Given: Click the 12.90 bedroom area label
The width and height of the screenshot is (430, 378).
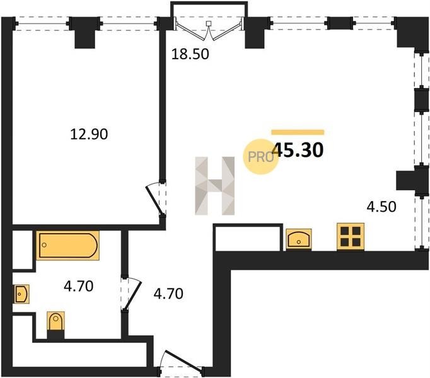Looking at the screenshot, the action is [89, 134].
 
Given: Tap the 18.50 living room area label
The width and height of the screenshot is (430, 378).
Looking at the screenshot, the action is [190, 54].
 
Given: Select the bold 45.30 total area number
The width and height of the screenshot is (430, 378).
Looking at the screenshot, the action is [299, 150].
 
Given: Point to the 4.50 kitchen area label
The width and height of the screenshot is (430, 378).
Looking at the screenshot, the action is [381, 207].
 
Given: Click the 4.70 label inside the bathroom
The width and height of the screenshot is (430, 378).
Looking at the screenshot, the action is [79, 287].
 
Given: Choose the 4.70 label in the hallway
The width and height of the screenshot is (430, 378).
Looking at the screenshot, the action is [168, 294].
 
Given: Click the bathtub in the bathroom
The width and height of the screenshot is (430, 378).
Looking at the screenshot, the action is [68, 245].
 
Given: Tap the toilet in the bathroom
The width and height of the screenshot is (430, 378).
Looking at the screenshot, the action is [55, 321].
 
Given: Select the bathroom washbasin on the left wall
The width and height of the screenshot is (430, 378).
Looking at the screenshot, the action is [21, 294].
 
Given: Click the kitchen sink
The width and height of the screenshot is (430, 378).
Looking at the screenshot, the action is [299, 239].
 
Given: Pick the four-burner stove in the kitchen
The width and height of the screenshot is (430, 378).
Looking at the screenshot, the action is [351, 236].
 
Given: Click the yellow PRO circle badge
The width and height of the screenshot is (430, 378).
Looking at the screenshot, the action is [261, 156].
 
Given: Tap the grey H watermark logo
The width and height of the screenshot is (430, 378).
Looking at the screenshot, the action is [215, 186].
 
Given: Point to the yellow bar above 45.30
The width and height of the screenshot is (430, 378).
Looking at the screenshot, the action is [298, 132].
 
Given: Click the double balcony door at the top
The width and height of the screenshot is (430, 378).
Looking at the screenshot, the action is [209, 30].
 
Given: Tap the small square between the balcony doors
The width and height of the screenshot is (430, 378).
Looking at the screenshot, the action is [209, 23].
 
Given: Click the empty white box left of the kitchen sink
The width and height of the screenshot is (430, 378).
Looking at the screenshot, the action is [248, 238].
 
